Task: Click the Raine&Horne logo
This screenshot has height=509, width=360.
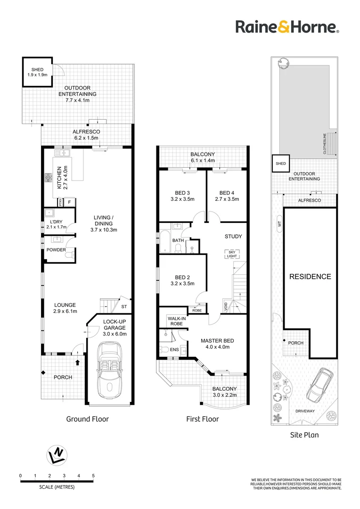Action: (287, 26)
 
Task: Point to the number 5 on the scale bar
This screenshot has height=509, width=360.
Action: (93, 476)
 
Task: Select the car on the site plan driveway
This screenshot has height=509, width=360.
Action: (319, 386)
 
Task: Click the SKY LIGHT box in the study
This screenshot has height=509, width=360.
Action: (232, 254)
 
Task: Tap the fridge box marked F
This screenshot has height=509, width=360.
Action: (69, 202)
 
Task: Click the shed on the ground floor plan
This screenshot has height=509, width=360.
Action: (37, 72)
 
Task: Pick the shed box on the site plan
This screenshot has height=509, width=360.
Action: (281, 163)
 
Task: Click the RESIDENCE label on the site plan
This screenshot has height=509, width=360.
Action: (310, 277)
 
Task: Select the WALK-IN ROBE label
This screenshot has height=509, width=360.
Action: (177, 321)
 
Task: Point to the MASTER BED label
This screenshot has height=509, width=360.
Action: (217, 341)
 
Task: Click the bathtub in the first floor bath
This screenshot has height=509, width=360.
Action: (164, 240)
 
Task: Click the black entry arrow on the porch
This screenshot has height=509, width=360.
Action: (78, 362)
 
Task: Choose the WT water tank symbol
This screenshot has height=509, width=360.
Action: (279, 224)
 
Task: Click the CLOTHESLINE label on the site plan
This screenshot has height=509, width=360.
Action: (325, 143)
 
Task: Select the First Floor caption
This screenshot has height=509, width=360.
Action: (203, 419)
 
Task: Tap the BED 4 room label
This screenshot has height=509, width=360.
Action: (227, 193)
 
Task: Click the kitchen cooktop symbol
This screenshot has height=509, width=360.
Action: (48, 177)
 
